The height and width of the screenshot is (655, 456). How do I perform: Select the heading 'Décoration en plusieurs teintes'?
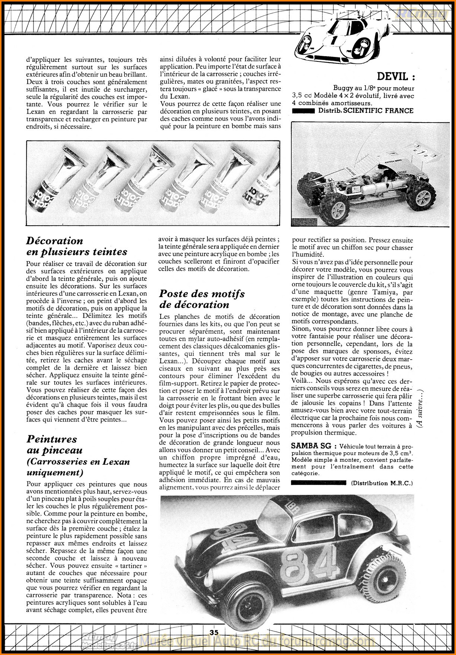(77, 246)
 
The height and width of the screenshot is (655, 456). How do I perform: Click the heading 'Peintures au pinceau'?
(52, 445)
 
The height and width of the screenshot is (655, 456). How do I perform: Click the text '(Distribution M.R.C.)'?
(382, 483)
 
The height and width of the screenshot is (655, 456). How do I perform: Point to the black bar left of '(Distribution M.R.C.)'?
(319, 483)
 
